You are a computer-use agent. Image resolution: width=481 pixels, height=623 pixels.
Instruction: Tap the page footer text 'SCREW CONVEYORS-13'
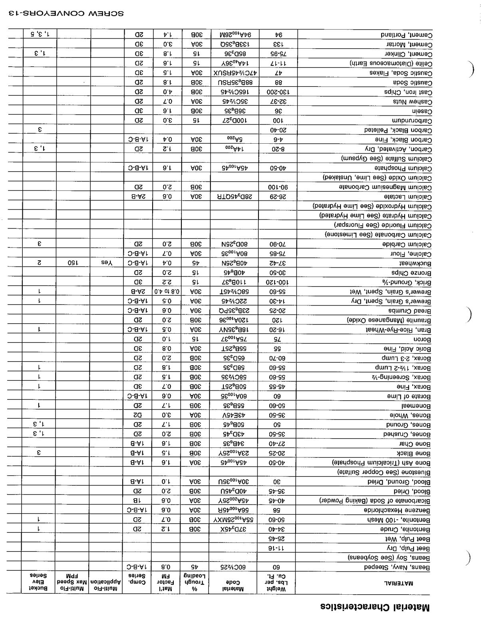[66, 13]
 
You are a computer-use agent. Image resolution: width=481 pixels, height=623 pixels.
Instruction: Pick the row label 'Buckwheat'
[415, 263]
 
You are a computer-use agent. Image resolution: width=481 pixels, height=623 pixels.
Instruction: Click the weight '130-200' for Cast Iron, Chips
[278, 92]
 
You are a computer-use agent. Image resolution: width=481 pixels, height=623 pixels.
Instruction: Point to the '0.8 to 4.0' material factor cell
[167, 292]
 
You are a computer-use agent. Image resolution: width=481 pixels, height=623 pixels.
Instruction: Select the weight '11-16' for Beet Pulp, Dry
[278, 548]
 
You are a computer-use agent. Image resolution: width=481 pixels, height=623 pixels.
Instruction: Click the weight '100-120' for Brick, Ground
[278, 283]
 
